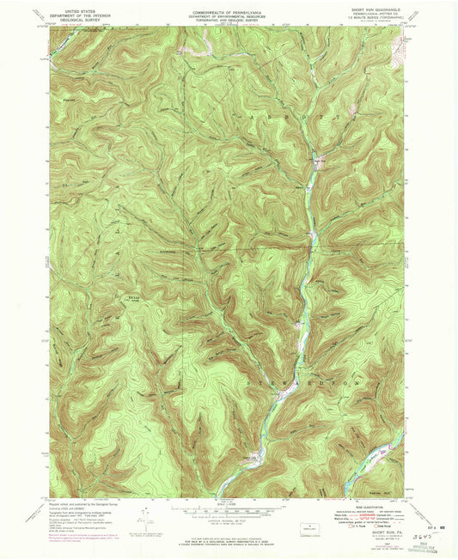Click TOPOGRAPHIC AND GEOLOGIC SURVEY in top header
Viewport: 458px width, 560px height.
229,21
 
